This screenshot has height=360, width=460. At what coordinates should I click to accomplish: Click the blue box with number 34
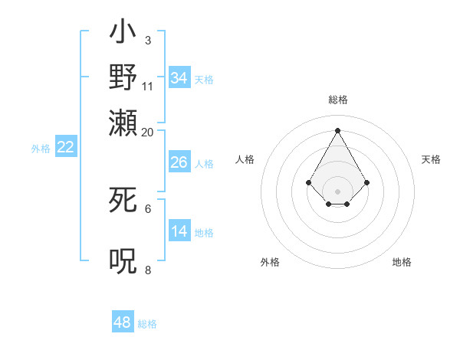pos(179,78)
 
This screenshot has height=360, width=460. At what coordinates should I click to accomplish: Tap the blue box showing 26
pos(179,162)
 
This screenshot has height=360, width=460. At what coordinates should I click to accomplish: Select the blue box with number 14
pos(179,231)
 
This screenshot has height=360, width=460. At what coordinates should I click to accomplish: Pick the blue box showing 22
pos(65,148)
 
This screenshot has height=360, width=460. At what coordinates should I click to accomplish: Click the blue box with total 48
pos(123,322)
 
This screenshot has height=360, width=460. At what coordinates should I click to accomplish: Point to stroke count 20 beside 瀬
pos(148,133)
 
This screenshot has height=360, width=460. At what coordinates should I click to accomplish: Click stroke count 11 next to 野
pos(148,87)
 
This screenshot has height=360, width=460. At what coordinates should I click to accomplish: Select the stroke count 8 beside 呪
pos(148,270)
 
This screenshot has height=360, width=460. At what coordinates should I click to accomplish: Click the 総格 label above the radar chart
pos(338,100)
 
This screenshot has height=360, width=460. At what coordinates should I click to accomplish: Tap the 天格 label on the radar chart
pos(432,159)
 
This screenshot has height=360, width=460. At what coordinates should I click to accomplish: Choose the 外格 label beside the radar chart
pos(270,262)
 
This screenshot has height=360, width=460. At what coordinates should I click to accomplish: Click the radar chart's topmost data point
pos(337,129)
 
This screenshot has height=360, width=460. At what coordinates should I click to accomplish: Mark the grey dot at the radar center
pos(338,191)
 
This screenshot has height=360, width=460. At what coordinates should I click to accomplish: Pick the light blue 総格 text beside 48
pos(147,324)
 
